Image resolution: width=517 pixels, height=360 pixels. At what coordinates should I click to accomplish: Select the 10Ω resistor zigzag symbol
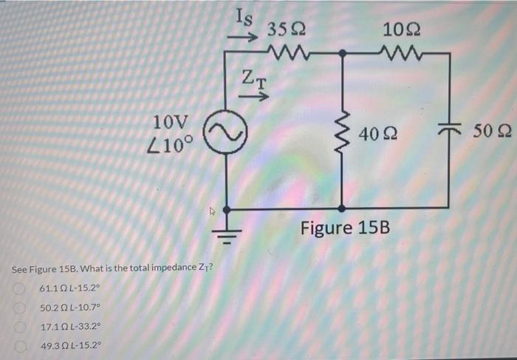tap(396, 53)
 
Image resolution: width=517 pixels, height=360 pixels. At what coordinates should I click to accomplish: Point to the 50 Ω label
tap(490, 132)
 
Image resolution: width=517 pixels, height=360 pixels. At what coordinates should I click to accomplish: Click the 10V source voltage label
tap(171, 122)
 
